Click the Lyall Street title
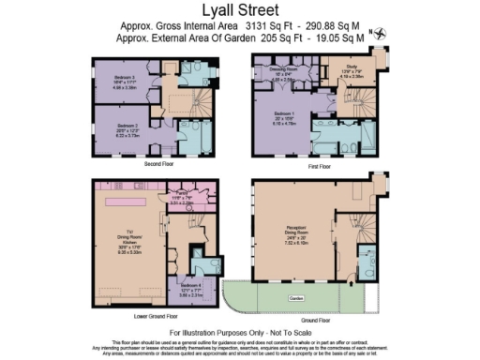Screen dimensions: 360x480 pos(240,11)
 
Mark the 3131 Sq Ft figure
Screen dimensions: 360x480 pos(270,28)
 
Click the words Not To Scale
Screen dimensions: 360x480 pos(283,333)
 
